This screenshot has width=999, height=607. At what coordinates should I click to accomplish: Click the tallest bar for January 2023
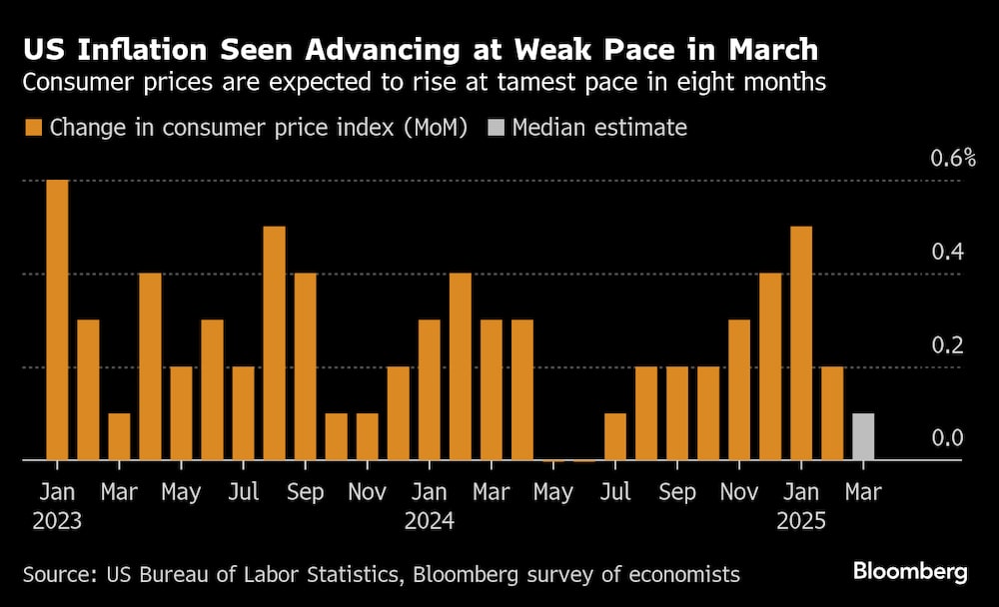click(x=58, y=319)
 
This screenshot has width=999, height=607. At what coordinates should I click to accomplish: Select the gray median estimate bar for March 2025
click(x=863, y=437)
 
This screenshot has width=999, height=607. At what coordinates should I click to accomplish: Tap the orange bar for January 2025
click(x=801, y=343)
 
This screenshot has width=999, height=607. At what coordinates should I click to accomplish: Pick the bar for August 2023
click(x=274, y=343)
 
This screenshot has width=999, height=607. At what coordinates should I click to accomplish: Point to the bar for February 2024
click(x=461, y=366)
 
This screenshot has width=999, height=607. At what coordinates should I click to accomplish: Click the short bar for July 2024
click(x=615, y=437)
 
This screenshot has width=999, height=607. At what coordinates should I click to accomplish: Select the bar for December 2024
click(x=770, y=366)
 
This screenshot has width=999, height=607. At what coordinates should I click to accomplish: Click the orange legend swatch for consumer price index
click(x=32, y=128)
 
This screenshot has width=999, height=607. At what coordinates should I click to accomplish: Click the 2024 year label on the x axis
click(x=431, y=521)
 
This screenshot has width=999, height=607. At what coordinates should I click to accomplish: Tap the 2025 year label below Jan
click(x=801, y=521)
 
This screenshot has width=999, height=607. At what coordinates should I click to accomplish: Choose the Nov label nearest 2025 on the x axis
click(x=739, y=493)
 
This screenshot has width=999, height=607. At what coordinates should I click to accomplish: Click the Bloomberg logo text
click(x=910, y=572)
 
